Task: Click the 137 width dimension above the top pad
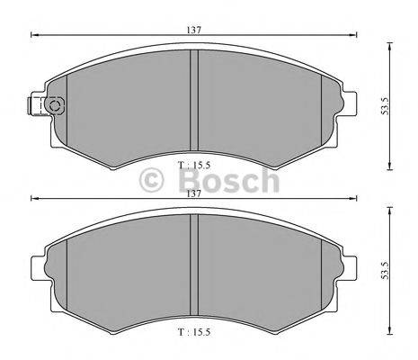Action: (194, 30)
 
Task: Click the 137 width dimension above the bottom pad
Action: (194, 193)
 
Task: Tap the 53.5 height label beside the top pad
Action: (385, 105)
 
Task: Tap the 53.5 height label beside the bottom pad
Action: (385, 270)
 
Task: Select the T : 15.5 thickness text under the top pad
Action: (194, 165)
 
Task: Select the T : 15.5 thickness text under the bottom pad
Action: (194, 332)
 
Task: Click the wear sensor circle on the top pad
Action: (55, 106)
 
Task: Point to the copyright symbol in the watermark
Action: (152, 180)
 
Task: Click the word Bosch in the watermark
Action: (229, 180)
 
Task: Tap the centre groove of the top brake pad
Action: (194, 100)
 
